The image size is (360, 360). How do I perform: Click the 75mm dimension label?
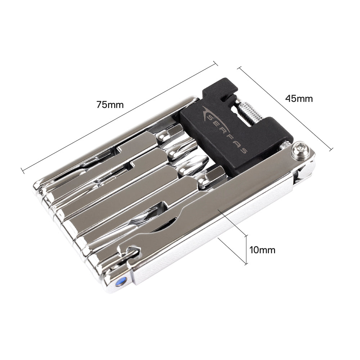click(x=110, y=105)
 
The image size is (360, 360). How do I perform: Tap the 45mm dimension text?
click(x=299, y=99)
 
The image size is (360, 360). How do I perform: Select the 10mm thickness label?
click(x=262, y=250)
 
